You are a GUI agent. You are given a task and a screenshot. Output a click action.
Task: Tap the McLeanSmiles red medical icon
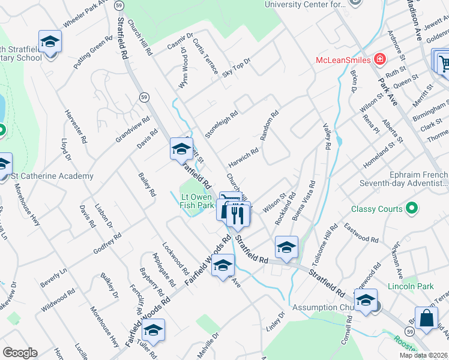[379, 59]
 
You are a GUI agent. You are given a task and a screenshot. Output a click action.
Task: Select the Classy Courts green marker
[411, 209]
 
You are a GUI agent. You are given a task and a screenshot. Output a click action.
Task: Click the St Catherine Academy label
[53, 176]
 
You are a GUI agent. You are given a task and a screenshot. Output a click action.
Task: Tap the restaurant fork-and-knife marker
[238, 214]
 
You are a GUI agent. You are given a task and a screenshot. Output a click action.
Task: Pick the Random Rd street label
[270, 125]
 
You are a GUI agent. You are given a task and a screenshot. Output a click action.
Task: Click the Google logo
[20, 353]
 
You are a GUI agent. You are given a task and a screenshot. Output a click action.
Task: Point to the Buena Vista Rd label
[303, 202]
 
